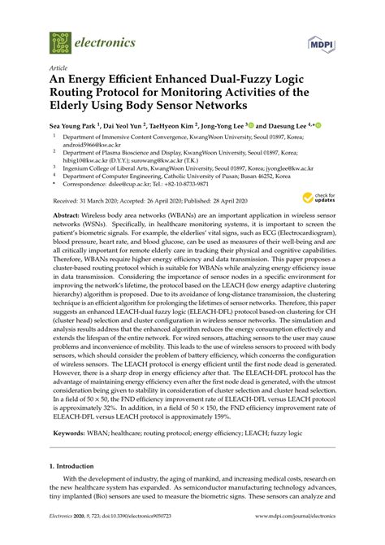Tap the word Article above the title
[59, 69]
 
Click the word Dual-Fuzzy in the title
[249, 84]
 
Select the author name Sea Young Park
[71, 127]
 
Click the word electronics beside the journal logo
[106, 41]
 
